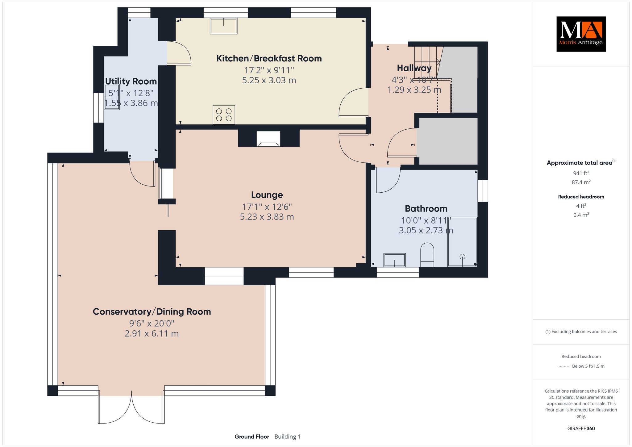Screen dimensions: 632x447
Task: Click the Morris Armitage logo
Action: click(581, 34)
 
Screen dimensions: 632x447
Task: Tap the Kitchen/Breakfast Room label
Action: click(269, 58)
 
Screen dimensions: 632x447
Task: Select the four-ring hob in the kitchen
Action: click(224, 115)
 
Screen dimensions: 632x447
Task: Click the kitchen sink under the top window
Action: click(224, 26)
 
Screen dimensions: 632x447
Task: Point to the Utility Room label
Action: click(131, 81)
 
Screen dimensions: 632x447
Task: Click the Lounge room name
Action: click(267, 195)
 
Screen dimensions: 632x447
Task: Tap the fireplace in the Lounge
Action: click(268, 139)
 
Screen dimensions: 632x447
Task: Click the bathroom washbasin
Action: click(394, 260)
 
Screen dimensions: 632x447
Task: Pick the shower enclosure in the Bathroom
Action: click(462, 242)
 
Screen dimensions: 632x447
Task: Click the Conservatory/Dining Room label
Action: click(152, 311)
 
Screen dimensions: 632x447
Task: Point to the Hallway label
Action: click(414, 68)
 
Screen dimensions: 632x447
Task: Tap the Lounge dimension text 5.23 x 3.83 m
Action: click(267, 217)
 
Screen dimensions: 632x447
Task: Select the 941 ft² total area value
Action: click(581, 173)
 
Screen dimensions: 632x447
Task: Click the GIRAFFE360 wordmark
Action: click(581, 428)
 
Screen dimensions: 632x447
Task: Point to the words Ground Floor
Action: click(252, 437)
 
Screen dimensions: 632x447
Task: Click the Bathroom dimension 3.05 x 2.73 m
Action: click(426, 230)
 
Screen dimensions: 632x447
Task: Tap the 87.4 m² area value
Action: click(581, 182)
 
